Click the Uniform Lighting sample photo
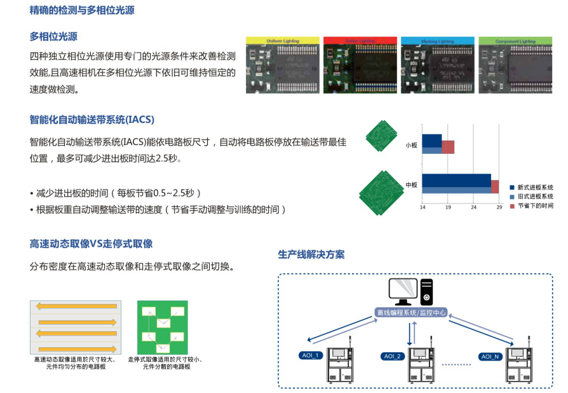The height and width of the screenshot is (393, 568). tap(283, 65)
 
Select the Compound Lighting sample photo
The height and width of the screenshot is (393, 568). tap(515, 65)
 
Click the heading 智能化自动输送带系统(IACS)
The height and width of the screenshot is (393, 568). tap(92, 120)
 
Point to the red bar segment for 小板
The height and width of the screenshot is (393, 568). tap(448, 147)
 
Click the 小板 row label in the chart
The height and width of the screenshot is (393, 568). tap(411, 146)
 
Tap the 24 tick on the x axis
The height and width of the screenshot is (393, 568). tap(473, 207)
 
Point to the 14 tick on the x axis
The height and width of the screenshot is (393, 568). tap(422, 207)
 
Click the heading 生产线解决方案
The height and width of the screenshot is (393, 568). tap(311, 254)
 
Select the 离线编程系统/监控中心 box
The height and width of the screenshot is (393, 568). tap(411, 313)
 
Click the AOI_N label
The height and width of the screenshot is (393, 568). tap(490, 356)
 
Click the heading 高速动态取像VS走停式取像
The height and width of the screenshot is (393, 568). tap(91, 244)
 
